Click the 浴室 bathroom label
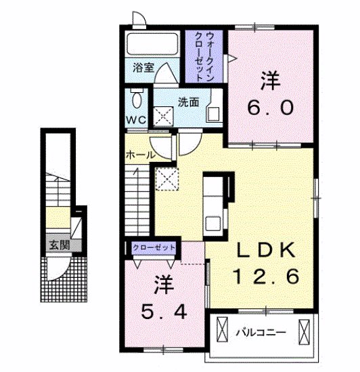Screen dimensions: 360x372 point(143,68)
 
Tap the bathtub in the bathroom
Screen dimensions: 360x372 point(152,44)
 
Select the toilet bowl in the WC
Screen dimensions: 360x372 point(137,99)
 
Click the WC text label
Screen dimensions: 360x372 point(136,120)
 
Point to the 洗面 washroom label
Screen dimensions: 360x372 point(188,102)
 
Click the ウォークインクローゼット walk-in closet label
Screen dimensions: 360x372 point(204,57)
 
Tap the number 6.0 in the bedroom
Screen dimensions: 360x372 point(271,108)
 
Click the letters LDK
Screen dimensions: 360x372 point(266,251)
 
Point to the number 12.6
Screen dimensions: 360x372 point(266,276)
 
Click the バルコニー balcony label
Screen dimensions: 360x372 point(261,333)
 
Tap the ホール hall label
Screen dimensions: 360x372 point(140,155)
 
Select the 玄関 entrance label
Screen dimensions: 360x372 point(60,245)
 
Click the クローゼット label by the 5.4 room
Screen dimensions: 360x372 point(154,247)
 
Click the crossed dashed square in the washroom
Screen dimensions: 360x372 point(164,117)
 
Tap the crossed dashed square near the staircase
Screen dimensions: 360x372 point(166,179)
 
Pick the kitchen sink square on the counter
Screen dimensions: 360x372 point(213,223)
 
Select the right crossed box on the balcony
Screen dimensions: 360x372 point(304,333)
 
